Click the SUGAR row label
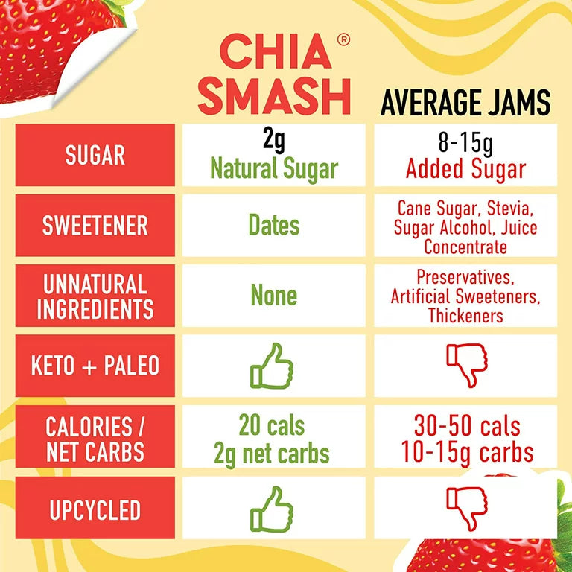[x=95, y=156]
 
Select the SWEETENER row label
[x=95, y=226]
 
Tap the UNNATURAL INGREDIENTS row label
[x=95, y=296]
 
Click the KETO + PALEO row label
[x=95, y=366]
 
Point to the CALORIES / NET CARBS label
[x=95, y=439]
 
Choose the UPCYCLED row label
[x=95, y=510]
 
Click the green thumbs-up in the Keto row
[x=272, y=365]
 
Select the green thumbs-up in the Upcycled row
[x=272, y=509]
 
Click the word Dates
[x=274, y=226]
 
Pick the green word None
[x=274, y=296]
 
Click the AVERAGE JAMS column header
[x=465, y=103]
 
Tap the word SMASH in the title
[x=274, y=97]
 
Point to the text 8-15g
[x=465, y=141]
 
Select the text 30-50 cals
[x=467, y=427]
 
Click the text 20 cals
[x=272, y=426]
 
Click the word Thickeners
[x=465, y=316]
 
